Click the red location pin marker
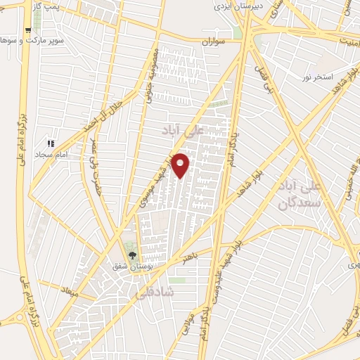tap(181, 164)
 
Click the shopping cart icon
tap(27, 31)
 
